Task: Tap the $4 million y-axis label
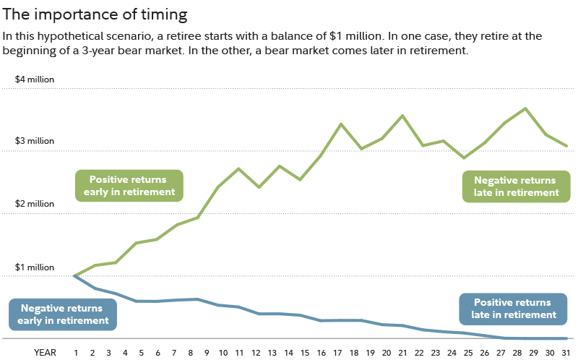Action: pyautogui.click(x=35, y=80)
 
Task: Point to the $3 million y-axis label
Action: pyautogui.click(x=35, y=142)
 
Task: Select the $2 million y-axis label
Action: pyautogui.click(x=35, y=205)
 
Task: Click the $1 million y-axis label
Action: pyautogui.click(x=35, y=267)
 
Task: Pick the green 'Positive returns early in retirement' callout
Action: pyautogui.click(x=129, y=186)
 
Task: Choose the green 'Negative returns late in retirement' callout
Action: pyautogui.click(x=516, y=187)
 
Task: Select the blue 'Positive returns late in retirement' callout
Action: pyautogui.click(x=512, y=309)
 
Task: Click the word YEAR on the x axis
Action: pyautogui.click(x=46, y=352)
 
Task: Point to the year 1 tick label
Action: pyautogui.click(x=75, y=352)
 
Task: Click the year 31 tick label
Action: pyautogui.click(x=566, y=352)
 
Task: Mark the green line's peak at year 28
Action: pyautogui.click(x=526, y=108)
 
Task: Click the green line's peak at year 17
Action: pyautogui.click(x=341, y=124)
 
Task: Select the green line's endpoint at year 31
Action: pyautogui.click(x=566, y=146)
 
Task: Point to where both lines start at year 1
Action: pyautogui.click(x=75, y=275)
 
